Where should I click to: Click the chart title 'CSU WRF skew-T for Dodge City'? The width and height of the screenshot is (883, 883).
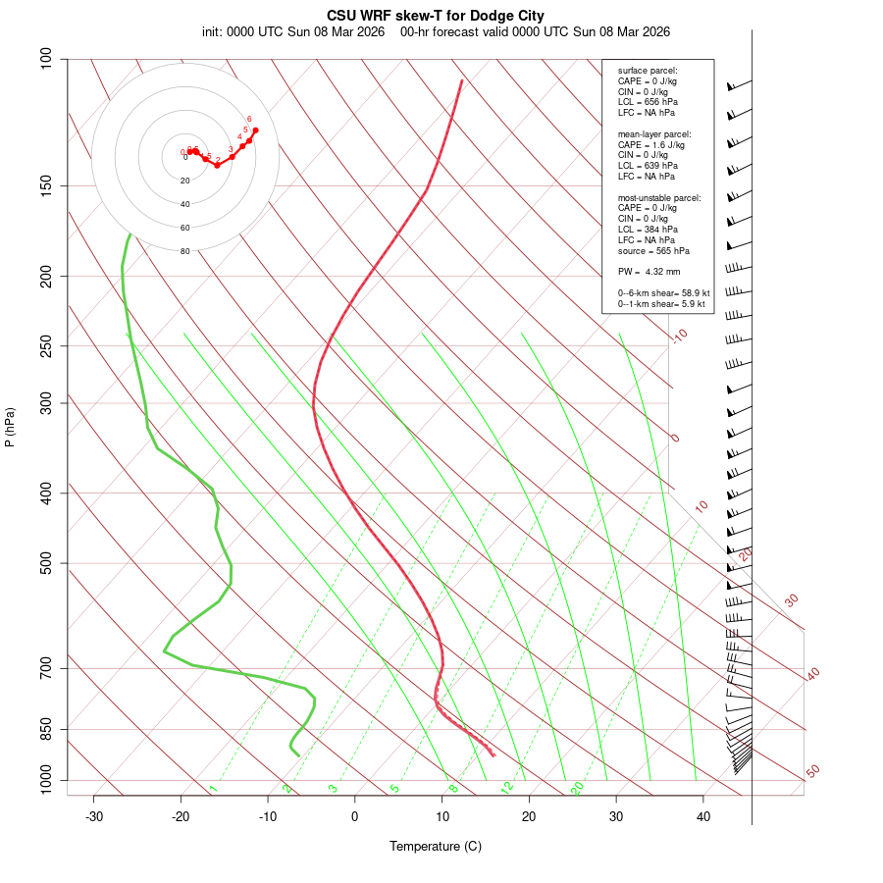[436, 16]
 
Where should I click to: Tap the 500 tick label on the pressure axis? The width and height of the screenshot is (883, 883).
[47, 563]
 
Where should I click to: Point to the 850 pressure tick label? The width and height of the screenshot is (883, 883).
[47, 729]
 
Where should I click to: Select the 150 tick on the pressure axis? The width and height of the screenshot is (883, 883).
[47, 185]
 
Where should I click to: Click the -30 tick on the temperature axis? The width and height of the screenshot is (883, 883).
[94, 816]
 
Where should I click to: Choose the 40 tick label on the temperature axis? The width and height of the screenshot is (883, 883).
[703, 816]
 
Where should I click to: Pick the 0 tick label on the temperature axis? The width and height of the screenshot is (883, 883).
[355, 816]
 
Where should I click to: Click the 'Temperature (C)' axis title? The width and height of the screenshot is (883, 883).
[436, 846]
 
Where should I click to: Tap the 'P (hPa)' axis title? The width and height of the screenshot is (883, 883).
[10, 428]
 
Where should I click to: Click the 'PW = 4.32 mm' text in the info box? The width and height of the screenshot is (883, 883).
[649, 272]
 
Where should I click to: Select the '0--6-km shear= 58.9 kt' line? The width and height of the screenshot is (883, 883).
[663, 293]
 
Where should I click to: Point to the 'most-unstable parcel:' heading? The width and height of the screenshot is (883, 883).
[659, 197]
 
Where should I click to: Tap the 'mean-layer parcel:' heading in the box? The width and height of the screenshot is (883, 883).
[654, 133]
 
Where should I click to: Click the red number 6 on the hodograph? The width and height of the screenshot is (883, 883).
[249, 119]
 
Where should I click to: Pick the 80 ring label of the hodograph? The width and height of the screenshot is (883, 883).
[184, 251]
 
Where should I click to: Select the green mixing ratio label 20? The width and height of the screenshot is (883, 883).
[578, 787]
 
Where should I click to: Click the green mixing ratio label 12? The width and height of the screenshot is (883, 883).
[507, 787]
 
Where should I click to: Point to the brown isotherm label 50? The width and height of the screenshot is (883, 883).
[812, 771]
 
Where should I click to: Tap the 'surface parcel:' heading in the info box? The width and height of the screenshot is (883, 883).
[648, 71]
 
